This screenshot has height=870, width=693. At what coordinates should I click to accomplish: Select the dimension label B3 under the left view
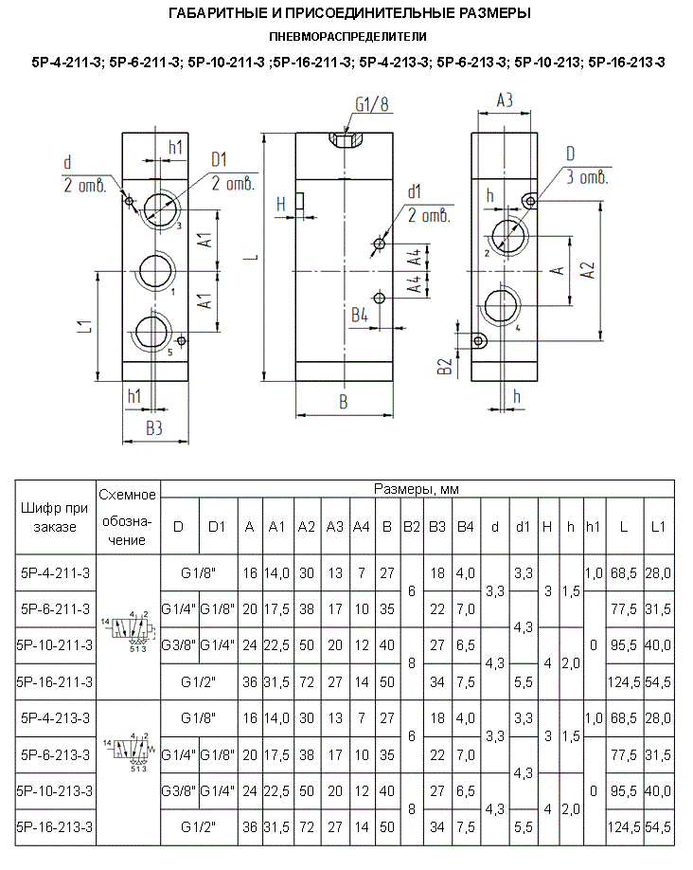pyautogui.click(x=154, y=429)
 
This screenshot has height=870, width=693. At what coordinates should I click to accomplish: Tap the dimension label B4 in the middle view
pyautogui.click(x=359, y=316)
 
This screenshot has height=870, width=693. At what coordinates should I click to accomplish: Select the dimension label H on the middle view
pyautogui.click(x=280, y=203)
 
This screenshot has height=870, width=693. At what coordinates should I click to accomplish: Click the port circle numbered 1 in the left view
pyautogui.click(x=154, y=271)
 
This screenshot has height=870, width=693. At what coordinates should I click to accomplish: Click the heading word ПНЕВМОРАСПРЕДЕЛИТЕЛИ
pyautogui.click(x=346, y=37)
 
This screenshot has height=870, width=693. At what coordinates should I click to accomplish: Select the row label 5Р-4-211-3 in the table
pyautogui.click(x=55, y=572)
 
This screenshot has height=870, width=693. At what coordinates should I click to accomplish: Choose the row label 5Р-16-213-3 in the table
pyautogui.click(x=55, y=827)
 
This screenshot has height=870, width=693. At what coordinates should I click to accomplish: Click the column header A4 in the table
pyautogui.click(x=361, y=527)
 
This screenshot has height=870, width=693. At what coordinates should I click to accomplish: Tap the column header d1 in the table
pyautogui.click(x=522, y=527)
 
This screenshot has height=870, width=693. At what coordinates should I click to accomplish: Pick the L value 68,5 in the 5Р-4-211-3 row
pyautogui.click(x=622, y=572)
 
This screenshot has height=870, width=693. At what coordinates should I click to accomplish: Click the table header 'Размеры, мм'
pyautogui.click(x=417, y=489)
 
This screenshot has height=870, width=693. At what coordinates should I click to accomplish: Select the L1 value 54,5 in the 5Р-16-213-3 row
pyautogui.click(x=658, y=827)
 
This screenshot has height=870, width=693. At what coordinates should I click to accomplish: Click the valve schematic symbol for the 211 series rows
pyautogui.click(x=128, y=627)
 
